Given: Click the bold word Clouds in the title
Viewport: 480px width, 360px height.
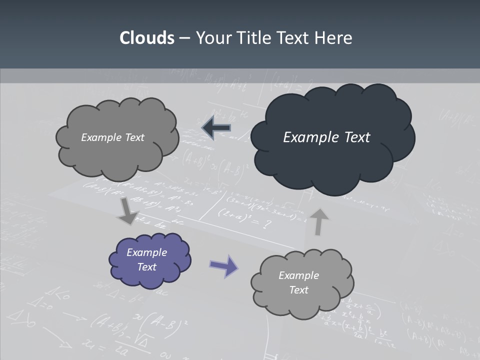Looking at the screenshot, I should coord(146,38).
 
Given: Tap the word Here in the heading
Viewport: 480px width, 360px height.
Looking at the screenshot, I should coord(335,38).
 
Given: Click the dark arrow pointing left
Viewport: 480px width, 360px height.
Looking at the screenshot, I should coord(216,128).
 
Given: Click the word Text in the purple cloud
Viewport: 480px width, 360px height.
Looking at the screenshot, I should coord(147,267).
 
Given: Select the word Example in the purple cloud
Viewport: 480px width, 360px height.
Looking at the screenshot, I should coord(147,252).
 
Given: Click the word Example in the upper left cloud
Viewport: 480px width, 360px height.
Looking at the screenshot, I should coord(100,137).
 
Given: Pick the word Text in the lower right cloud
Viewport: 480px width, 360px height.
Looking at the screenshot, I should coord(299,290).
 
